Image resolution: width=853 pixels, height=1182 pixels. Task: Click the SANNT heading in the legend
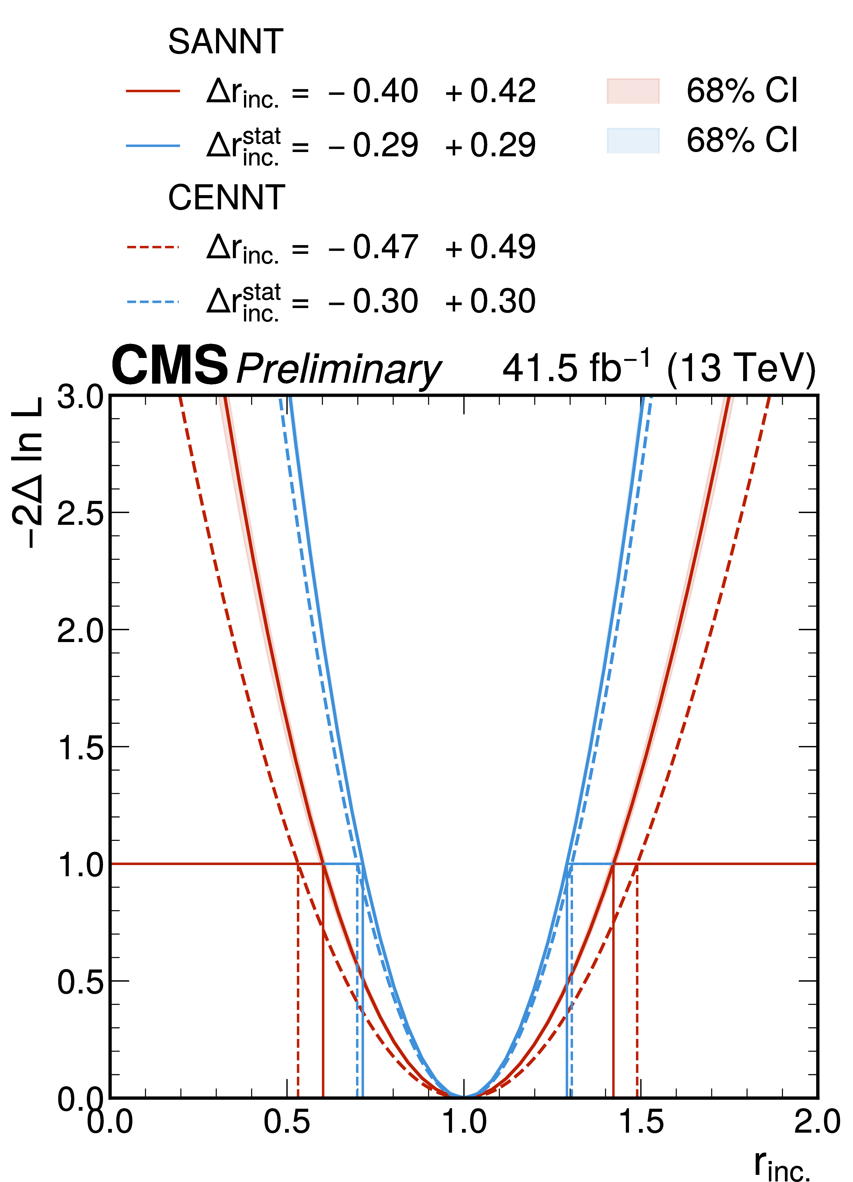[x=225, y=42]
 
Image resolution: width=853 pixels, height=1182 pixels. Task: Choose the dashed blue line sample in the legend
[x=153, y=301]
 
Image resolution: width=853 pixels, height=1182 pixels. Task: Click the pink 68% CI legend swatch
[x=633, y=91]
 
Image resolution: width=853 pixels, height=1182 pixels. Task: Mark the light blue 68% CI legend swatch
[x=633, y=140]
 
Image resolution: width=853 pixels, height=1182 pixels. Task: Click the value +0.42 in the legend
[x=490, y=91]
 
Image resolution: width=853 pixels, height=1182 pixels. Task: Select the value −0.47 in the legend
[x=373, y=247]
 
